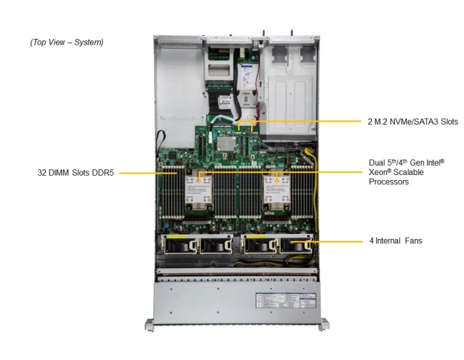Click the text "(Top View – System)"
point(67,42)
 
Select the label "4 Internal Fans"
point(396,240)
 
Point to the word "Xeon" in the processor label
point(379,174)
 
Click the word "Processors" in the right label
point(388,183)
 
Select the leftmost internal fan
point(178,246)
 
